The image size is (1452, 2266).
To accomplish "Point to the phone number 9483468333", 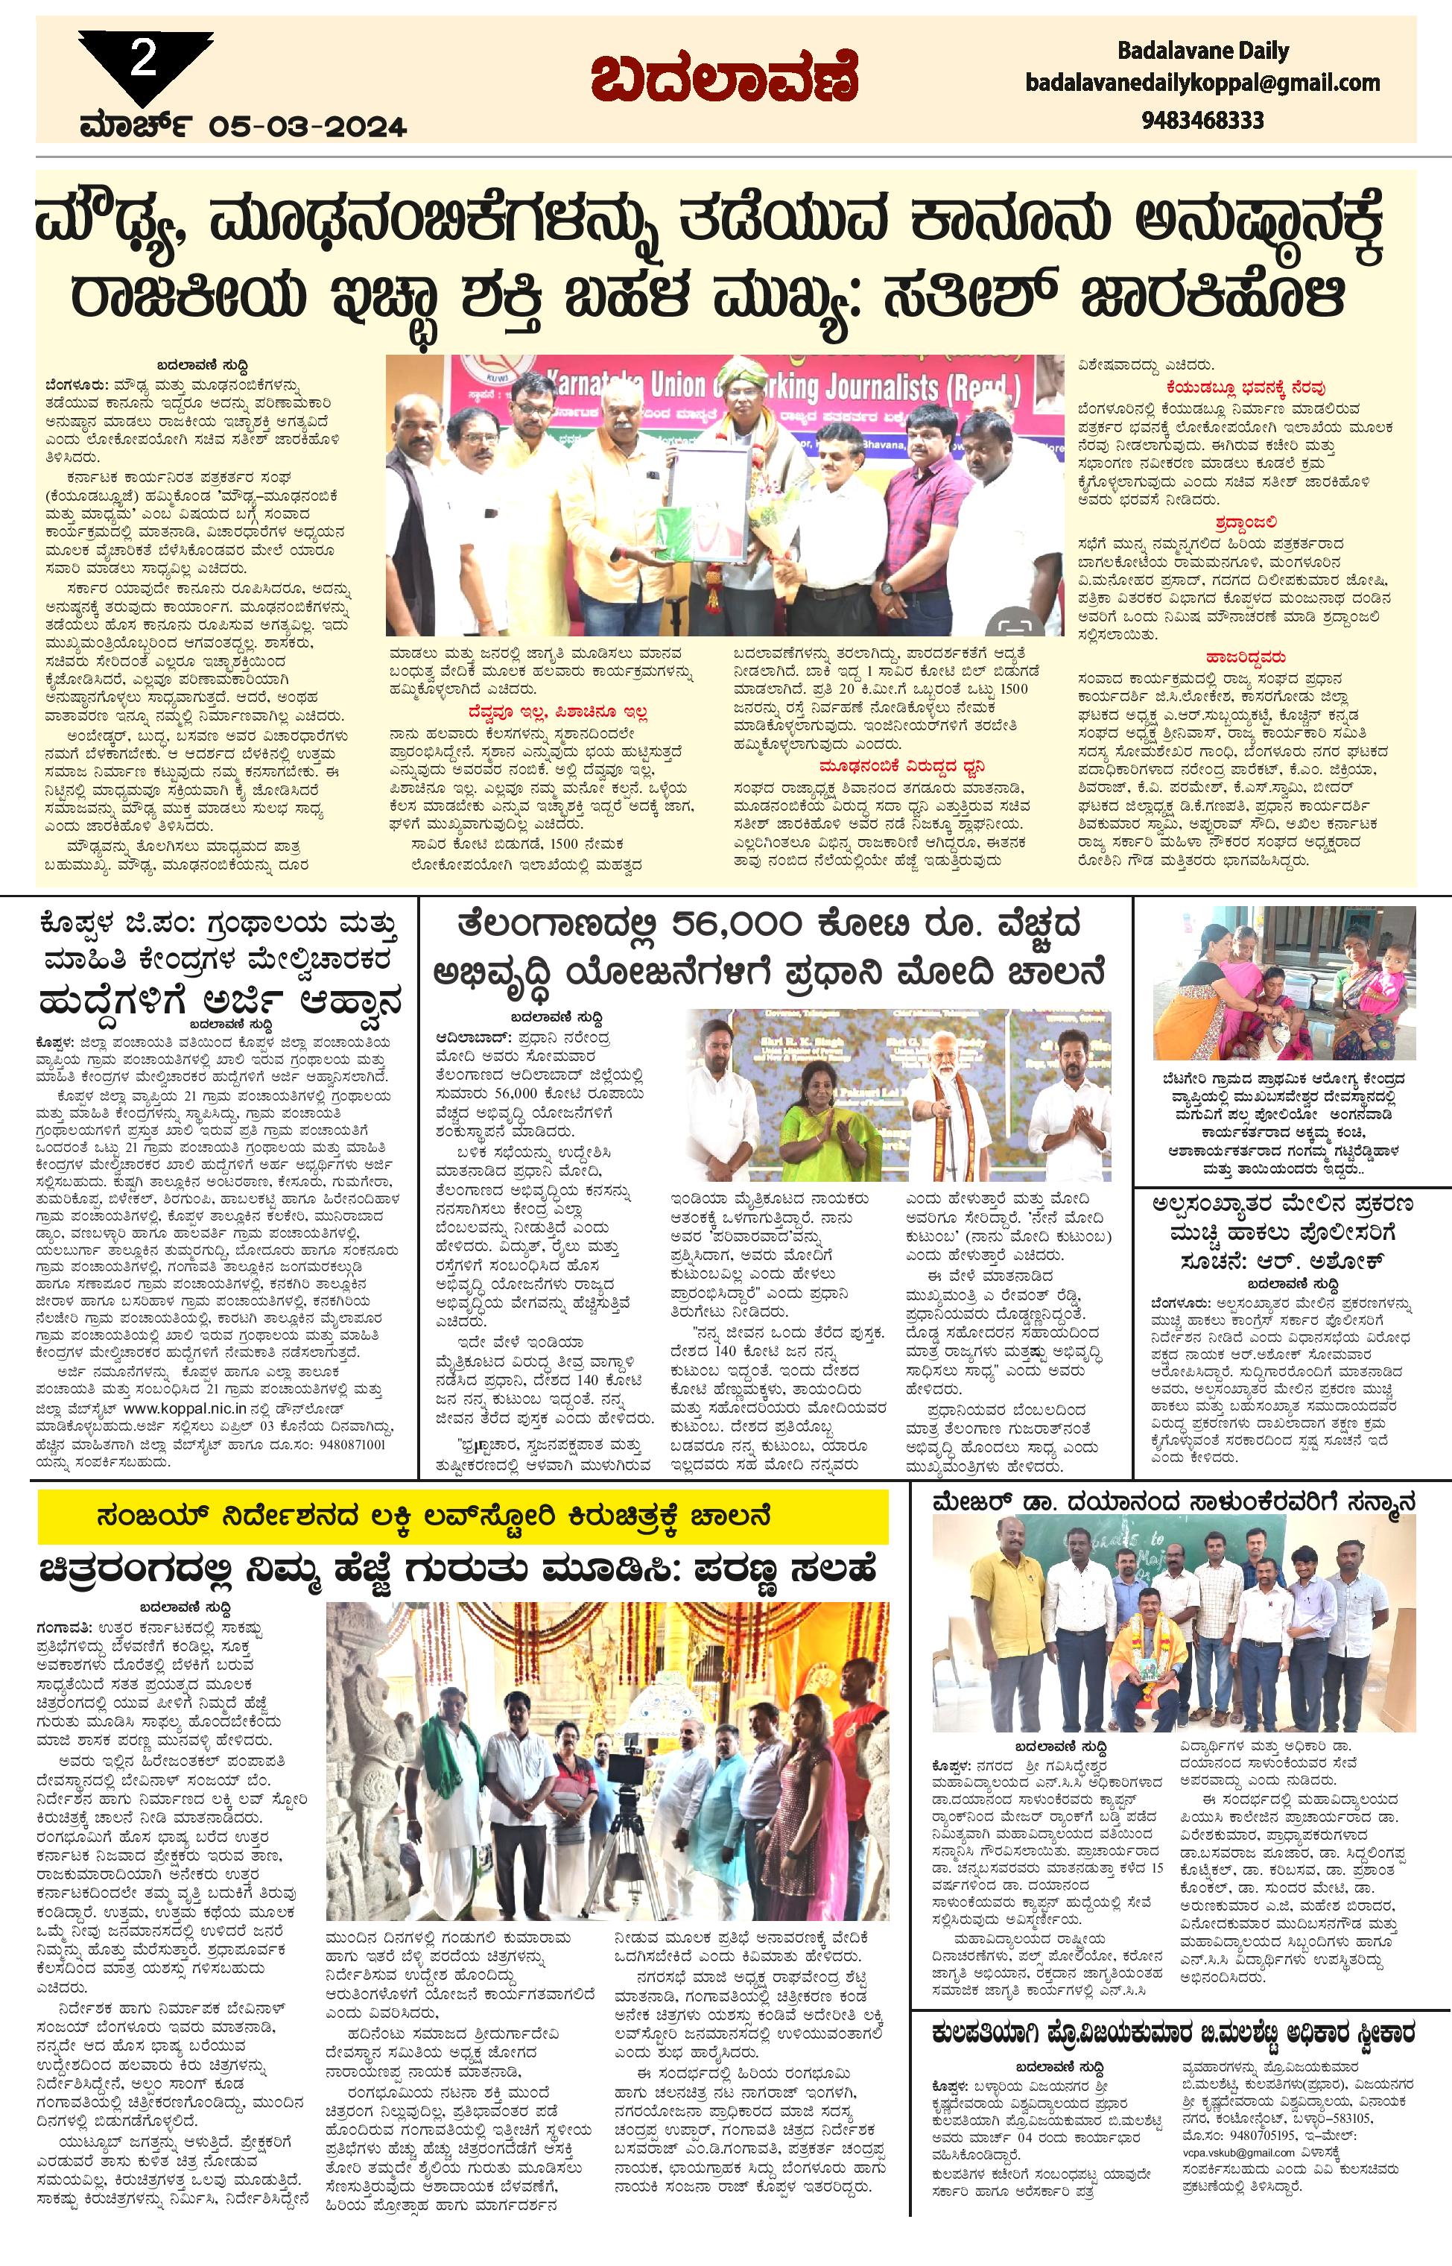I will [1202, 121].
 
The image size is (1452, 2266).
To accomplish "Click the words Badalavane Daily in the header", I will [1202, 51].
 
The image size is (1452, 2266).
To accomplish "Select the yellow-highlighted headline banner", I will [462, 1517].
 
